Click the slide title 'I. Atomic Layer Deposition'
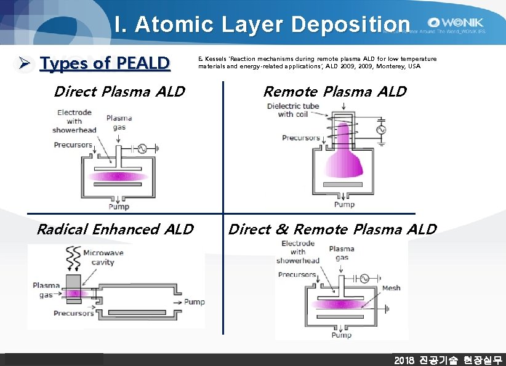[262, 24]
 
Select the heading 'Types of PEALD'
[104, 63]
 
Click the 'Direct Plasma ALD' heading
[119, 92]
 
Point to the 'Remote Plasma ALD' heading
[334, 92]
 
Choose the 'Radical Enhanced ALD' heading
[114, 229]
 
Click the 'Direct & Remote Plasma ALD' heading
[332, 229]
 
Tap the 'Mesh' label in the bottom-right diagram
[391, 288]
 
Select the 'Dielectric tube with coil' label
[293, 110]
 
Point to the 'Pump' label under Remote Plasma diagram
[344, 204]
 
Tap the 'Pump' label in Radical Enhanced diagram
[195, 302]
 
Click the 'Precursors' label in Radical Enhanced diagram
[73, 313]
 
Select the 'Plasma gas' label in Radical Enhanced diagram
[46, 290]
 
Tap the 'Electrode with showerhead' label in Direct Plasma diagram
[74, 121]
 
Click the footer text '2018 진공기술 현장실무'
[448, 360]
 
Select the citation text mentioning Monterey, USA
[317, 62]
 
